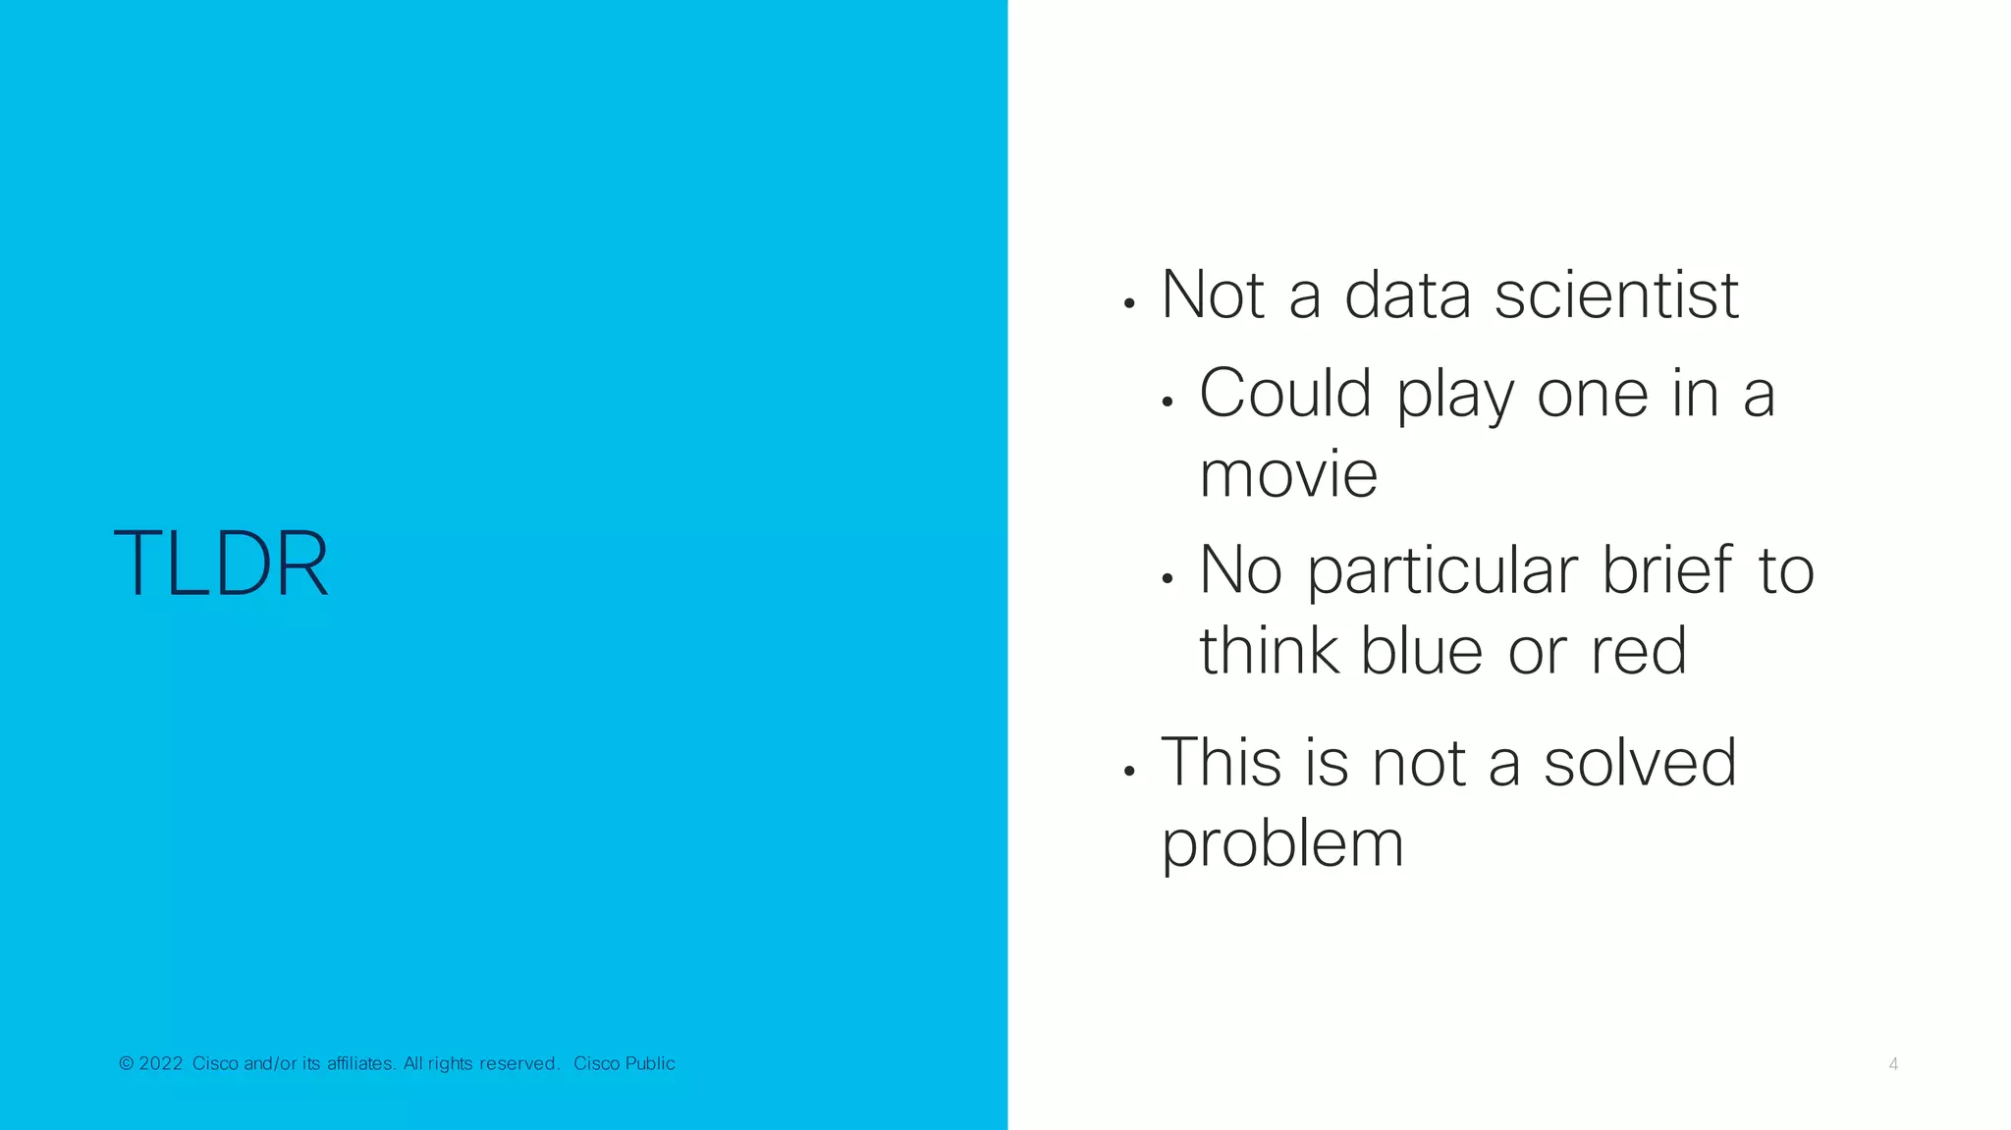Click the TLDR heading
click(x=221, y=564)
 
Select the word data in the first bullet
click(x=1407, y=295)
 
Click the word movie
click(x=1288, y=475)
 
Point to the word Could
click(x=1284, y=394)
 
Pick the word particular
click(x=1441, y=570)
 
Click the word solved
click(x=1640, y=763)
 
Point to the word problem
click(x=1282, y=844)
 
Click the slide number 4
click(x=1893, y=1064)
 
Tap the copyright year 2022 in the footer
click(x=161, y=1063)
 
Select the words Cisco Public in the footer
click(x=625, y=1063)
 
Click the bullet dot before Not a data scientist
click(x=1129, y=304)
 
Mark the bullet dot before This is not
click(x=1129, y=772)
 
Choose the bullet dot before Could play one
click(x=1167, y=402)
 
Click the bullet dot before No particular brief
click(x=1167, y=579)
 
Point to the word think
click(x=1268, y=651)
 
